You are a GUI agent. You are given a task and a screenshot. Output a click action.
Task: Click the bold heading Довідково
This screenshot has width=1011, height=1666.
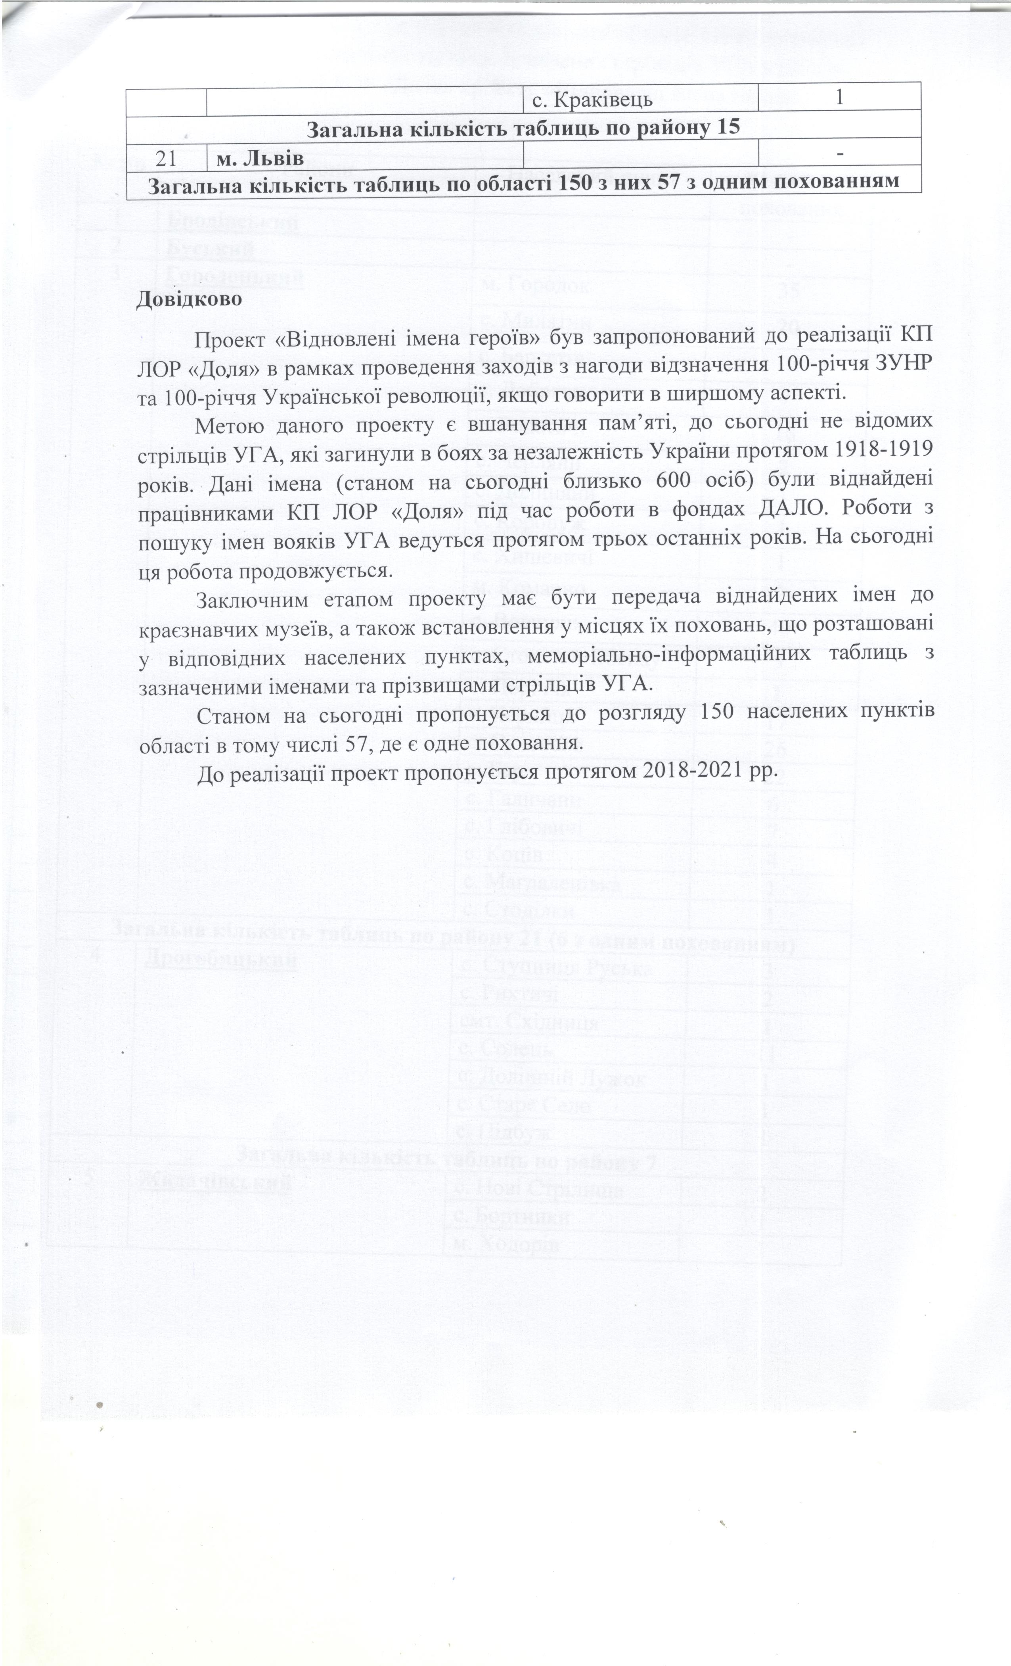click(x=189, y=299)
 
